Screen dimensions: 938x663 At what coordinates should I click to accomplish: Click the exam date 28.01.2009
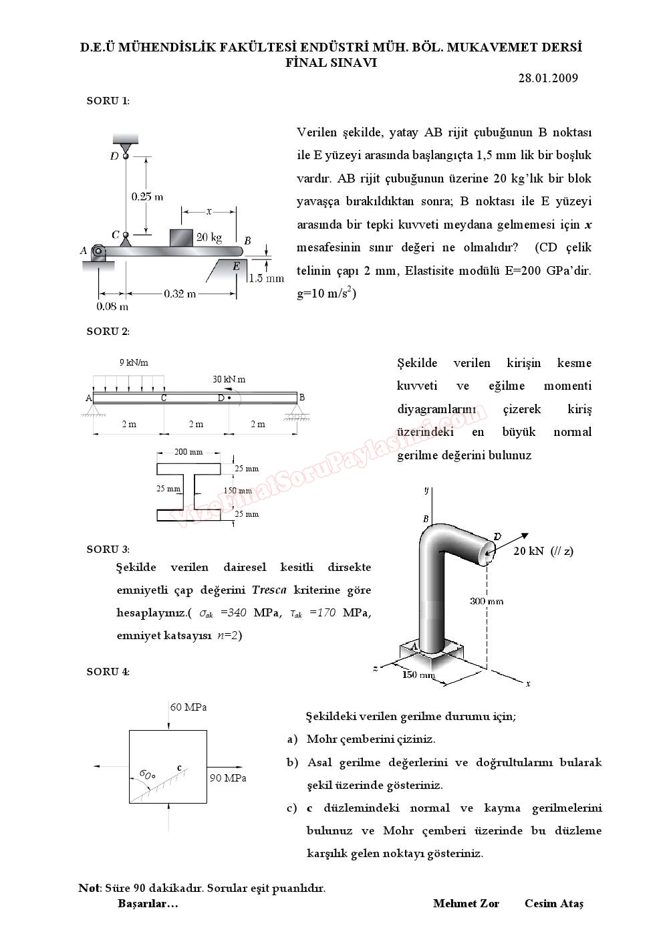click(547, 78)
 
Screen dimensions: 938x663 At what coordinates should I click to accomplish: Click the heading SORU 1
click(108, 101)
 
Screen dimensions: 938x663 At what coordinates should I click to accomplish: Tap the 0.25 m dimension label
click(147, 197)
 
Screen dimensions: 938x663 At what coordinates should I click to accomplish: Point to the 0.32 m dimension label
click(180, 293)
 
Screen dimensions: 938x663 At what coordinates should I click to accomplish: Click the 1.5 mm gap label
click(266, 278)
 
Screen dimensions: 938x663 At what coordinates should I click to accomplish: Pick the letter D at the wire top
click(114, 156)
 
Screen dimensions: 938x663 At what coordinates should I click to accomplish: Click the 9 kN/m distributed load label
click(134, 362)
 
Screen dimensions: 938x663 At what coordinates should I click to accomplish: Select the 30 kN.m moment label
click(229, 379)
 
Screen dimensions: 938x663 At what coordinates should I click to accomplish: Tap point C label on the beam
click(164, 398)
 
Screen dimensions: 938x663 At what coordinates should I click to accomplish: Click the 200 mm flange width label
click(188, 452)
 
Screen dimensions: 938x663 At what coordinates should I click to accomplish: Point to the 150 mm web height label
click(237, 491)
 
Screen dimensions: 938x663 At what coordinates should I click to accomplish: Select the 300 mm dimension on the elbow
click(487, 600)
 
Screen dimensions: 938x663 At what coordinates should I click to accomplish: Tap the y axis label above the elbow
click(426, 490)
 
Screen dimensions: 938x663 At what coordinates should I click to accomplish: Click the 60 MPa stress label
click(188, 707)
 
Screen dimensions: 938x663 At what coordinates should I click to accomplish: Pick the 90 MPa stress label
click(228, 778)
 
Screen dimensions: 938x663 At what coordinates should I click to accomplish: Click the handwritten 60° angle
click(147, 775)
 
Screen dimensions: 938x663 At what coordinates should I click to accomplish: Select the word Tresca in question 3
click(269, 590)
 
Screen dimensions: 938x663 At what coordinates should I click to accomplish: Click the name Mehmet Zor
click(466, 904)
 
